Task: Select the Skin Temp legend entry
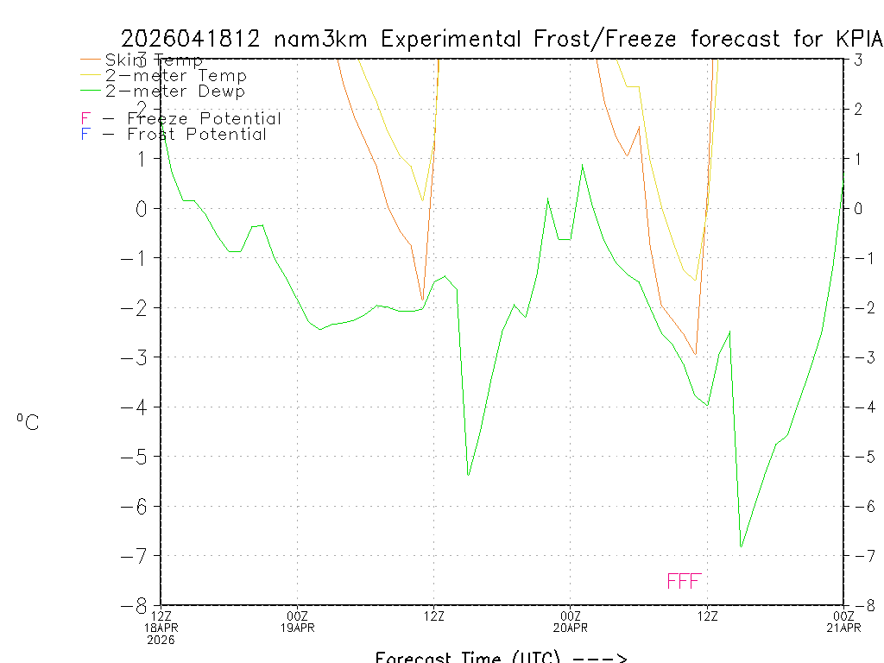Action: click(154, 60)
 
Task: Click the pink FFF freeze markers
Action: click(684, 581)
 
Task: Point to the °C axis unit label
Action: click(28, 422)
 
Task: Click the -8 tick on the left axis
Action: click(140, 605)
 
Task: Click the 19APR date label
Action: click(298, 628)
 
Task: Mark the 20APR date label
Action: click(570, 628)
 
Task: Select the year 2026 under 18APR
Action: click(161, 640)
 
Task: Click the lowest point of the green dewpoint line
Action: click(741, 546)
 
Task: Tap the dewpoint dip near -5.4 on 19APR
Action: click(468, 475)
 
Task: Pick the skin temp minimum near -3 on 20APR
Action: click(695, 354)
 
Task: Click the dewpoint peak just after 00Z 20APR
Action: click(582, 165)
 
